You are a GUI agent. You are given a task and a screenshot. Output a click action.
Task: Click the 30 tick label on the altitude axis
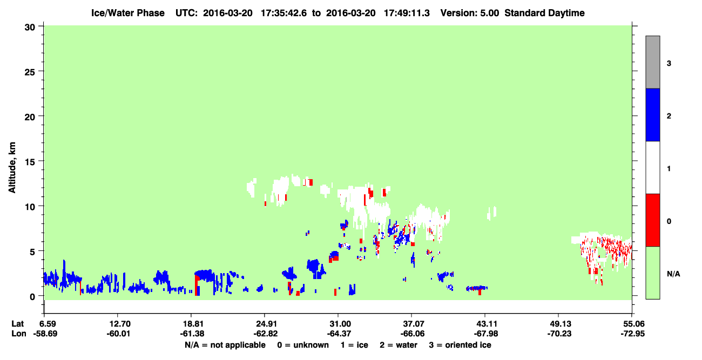click(30, 28)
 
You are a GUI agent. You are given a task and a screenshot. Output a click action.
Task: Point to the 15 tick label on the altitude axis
click(30, 162)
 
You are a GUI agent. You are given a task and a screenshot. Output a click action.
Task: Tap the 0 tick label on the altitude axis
click(32, 297)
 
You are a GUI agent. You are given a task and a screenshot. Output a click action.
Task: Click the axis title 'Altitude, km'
click(12, 168)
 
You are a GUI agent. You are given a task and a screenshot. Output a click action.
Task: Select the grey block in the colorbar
click(653, 62)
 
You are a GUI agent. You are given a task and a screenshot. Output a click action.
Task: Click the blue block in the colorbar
click(653, 114)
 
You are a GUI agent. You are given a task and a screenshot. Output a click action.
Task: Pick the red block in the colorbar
click(653, 220)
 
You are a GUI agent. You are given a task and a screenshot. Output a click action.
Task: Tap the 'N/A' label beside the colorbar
click(673, 274)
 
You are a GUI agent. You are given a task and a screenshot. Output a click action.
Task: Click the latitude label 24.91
click(266, 324)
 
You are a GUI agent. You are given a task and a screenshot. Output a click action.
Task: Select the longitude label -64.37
click(339, 334)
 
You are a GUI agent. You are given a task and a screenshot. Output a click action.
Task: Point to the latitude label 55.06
click(632, 324)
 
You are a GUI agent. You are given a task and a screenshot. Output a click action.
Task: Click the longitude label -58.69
click(45, 334)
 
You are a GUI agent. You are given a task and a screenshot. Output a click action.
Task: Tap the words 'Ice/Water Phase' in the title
click(128, 13)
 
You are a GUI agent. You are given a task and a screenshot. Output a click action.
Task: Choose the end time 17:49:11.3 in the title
click(407, 13)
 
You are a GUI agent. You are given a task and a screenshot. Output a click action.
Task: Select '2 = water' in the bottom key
click(399, 345)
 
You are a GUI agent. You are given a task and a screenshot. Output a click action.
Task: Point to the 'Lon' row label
click(19, 334)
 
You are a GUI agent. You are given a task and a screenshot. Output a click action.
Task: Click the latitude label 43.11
click(486, 324)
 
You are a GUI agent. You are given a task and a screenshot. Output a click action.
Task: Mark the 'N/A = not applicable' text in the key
click(225, 345)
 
